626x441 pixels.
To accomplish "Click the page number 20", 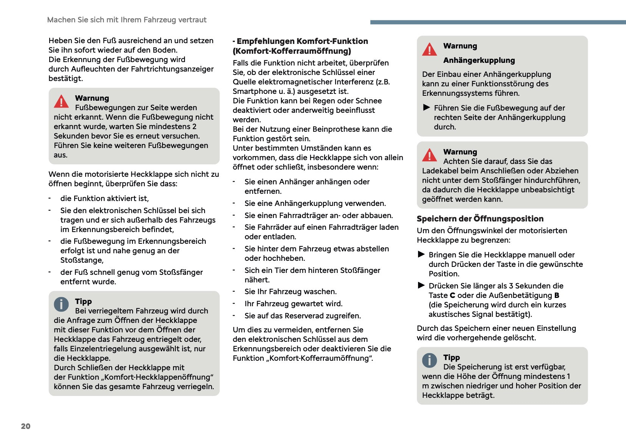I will coord(25,426).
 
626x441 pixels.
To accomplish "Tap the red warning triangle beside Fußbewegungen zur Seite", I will coord(61,101).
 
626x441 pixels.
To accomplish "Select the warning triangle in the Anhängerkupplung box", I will coord(429,50).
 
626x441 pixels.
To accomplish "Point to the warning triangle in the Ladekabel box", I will coord(429,155).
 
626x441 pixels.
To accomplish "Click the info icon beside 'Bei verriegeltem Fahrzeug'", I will coord(61,304).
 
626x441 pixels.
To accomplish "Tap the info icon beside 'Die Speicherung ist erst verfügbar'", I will coord(429,360).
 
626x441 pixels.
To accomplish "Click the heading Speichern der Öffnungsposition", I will coord(480,219).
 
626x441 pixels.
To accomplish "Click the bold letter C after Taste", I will coord(452,296).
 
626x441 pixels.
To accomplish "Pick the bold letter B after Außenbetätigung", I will coord(556,296).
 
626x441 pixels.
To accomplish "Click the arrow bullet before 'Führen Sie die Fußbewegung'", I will coord(426,108).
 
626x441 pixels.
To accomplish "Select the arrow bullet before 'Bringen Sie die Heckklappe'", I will coord(421,254).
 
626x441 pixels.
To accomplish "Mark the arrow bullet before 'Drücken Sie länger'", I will coord(421,285).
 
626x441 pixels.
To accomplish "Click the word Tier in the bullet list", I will coord(280,270).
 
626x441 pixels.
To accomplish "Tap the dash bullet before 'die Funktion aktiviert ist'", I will coord(50,198).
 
